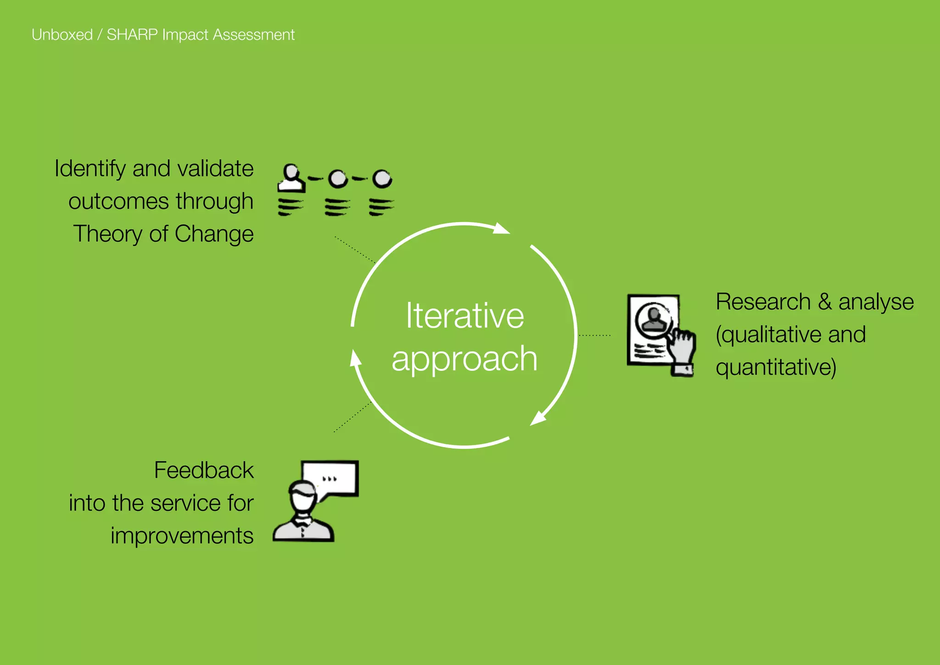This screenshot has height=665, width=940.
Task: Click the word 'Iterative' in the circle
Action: click(x=464, y=316)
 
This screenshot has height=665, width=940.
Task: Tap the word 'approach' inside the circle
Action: click(x=464, y=359)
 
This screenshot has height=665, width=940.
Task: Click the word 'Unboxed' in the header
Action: click(x=62, y=35)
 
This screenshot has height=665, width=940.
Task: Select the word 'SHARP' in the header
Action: click(x=132, y=35)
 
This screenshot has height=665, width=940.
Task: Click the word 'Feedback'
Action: click(x=204, y=470)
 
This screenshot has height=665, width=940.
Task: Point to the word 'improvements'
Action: click(x=182, y=536)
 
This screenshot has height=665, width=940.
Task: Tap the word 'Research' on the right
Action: click(x=763, y=302)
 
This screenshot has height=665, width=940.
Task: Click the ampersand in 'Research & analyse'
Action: click(x=824, y=302)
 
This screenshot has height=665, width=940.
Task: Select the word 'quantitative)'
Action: click(x=776, y=368)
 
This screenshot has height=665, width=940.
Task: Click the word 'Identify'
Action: click(x=90, y=169)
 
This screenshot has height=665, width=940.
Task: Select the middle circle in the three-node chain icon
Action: click(x=338, y=179)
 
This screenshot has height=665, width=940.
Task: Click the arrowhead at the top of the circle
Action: click(x=502, y=228)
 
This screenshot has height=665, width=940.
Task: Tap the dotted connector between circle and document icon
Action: click(x=594, y=335)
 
